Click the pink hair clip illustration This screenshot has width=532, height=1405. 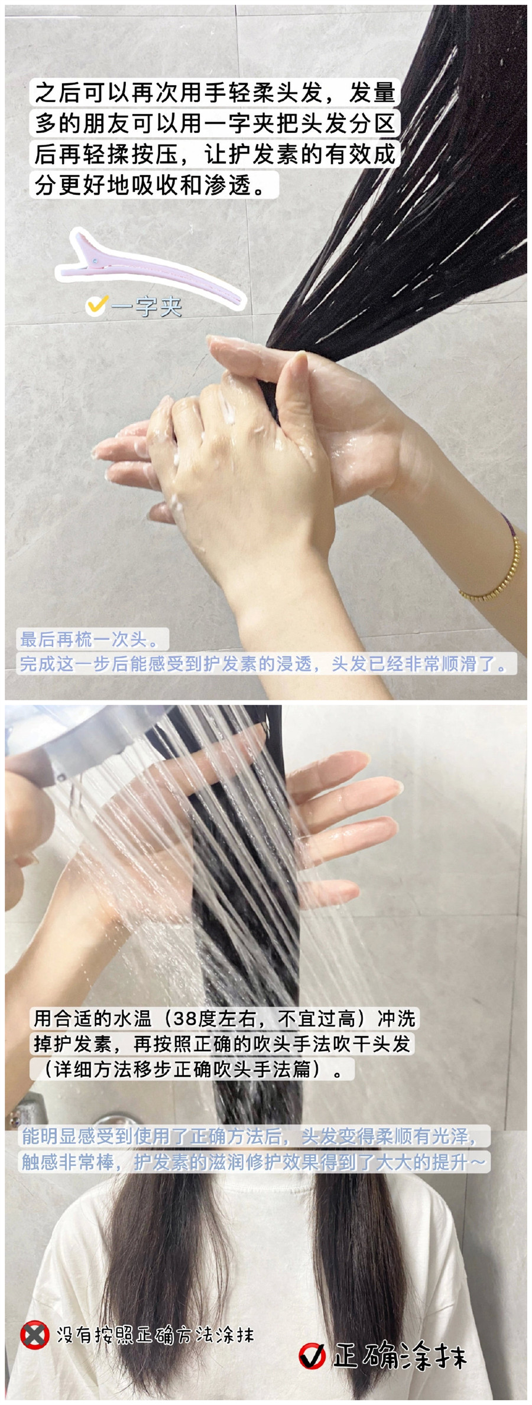[x=148, y=266]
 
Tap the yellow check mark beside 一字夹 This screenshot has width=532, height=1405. [x=96, y=305]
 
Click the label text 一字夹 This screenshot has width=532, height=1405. [x=146, y=307]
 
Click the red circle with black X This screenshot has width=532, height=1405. [x=34, y=1335]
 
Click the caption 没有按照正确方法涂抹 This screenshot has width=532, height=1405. [x=155, y=1335]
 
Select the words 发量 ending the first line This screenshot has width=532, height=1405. [x=372, y=93]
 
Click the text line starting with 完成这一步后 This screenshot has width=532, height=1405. [x=264, y=663]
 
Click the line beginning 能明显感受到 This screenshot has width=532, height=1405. [x=249, y=1136]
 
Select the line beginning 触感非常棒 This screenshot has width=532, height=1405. [x=254, y=1162]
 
